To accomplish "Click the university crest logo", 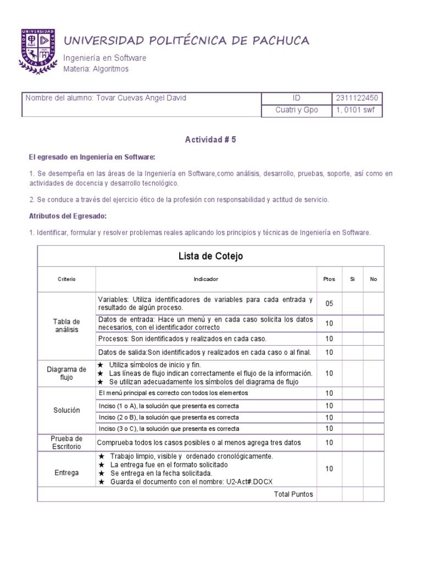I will pos(38,50).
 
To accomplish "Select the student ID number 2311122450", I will pos(357,98).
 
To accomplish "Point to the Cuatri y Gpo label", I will pos(296,110).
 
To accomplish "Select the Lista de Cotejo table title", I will pos(210,256).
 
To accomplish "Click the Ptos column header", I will pos(329,279).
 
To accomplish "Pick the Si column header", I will pos(352,279).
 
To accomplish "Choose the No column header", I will pos(374,279).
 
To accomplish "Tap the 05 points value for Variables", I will pos(329,304).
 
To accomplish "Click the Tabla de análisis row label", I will pos(66,325).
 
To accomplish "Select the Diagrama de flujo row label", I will pos(66,373).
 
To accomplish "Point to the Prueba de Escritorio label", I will pos(66,442).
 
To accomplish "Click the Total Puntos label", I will pos(293,494).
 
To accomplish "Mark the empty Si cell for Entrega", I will pos(352,469).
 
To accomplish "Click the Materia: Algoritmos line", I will pos(96,69).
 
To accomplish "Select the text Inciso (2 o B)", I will pos(118,417).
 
